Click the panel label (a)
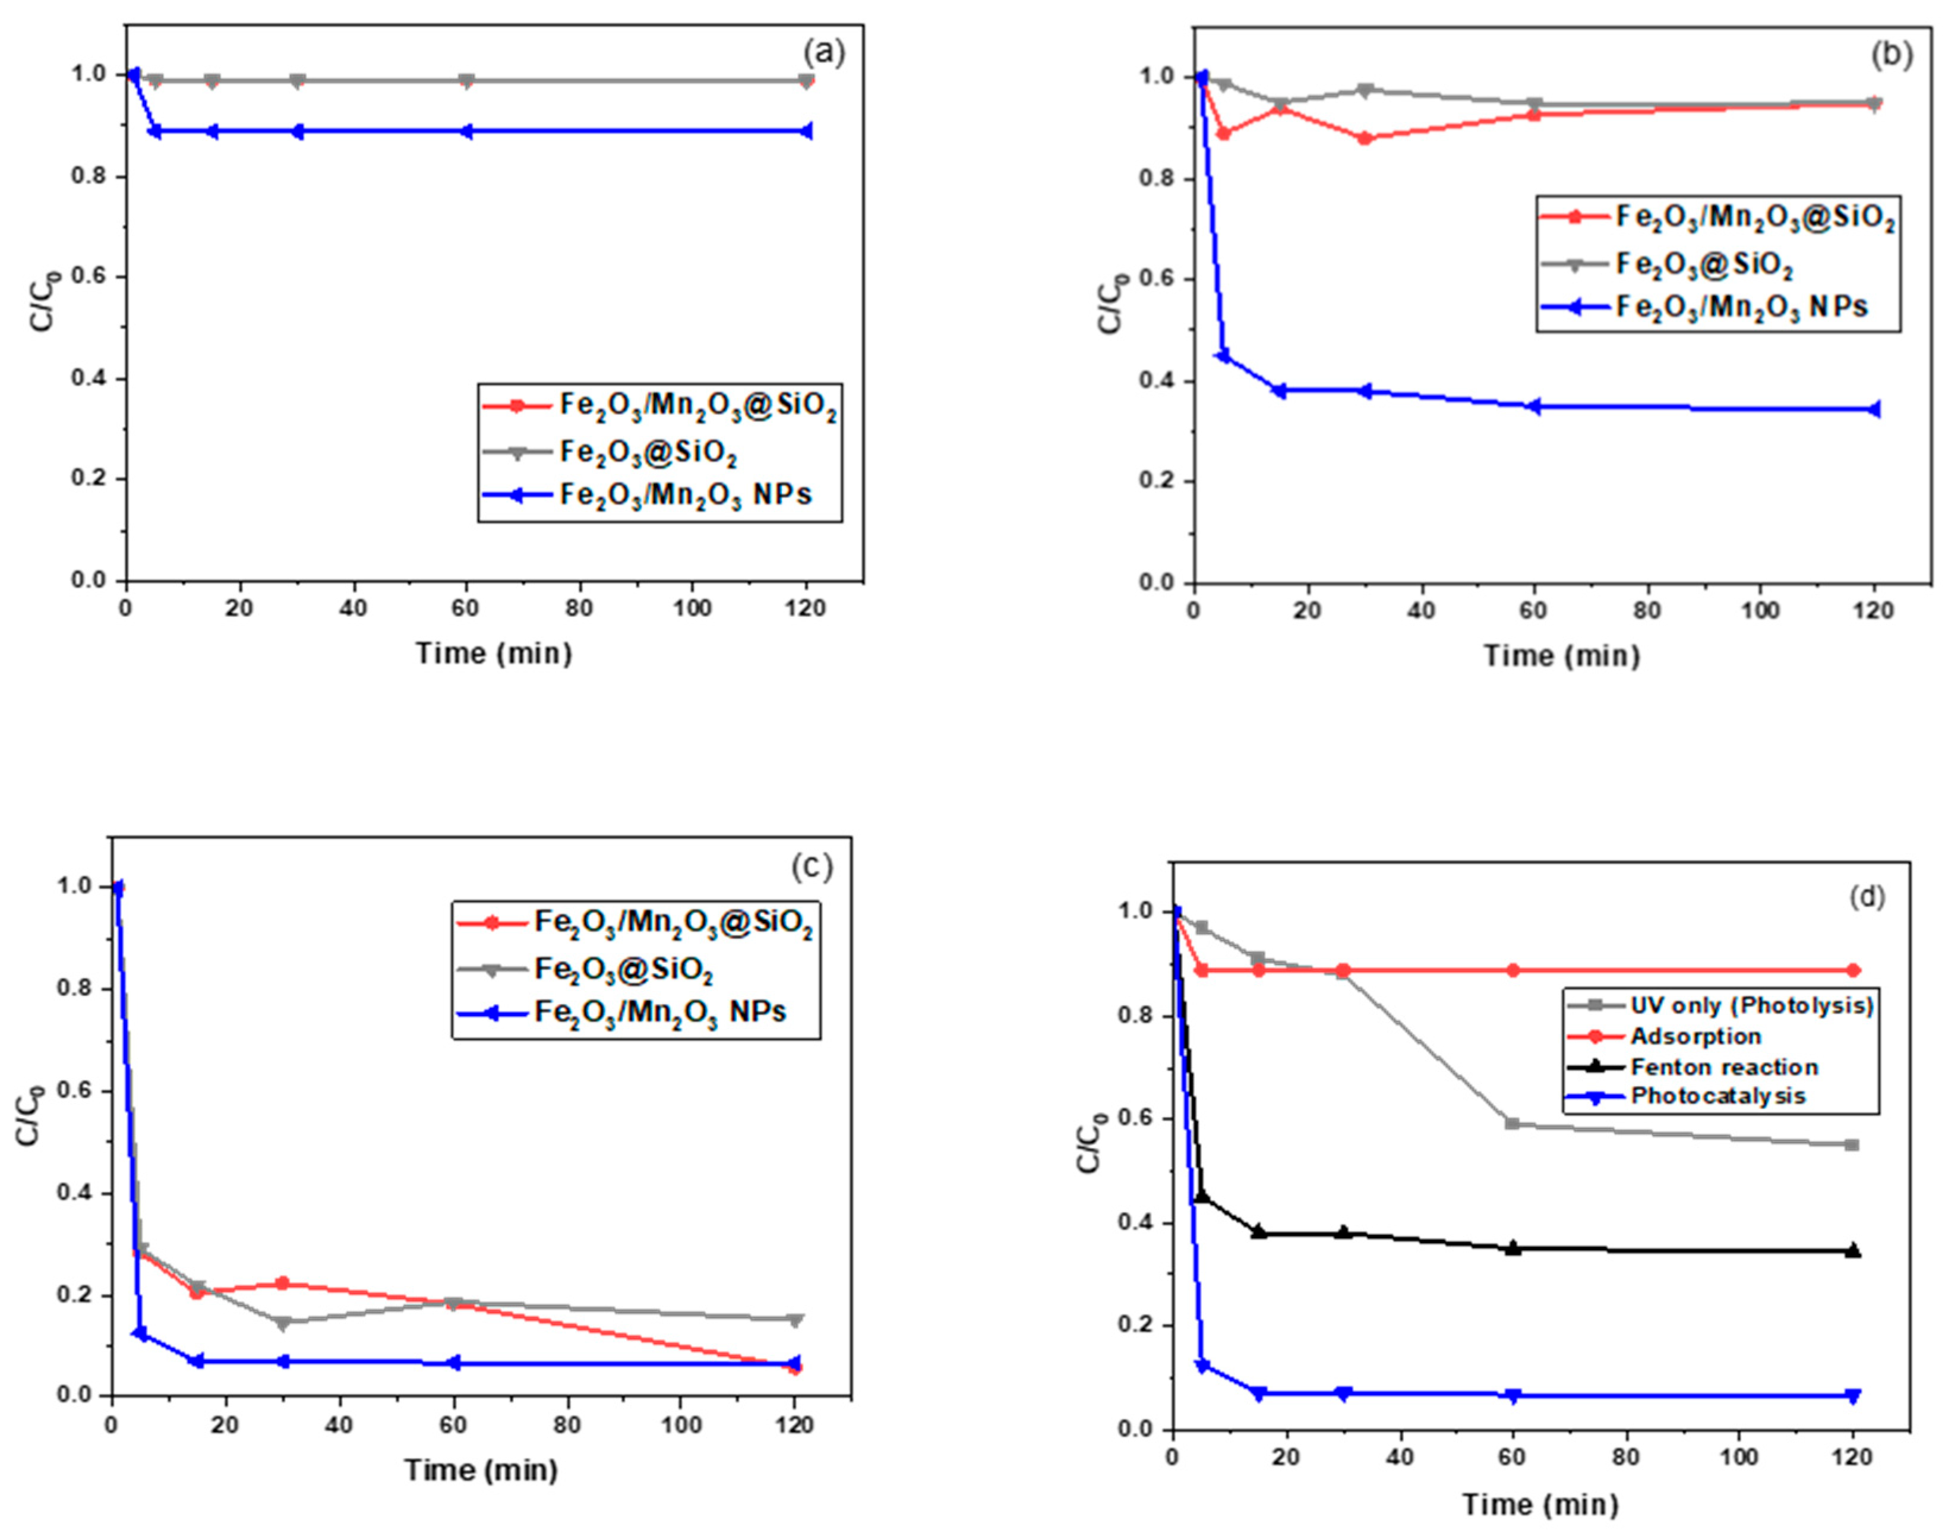tap(823, 52)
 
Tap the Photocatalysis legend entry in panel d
tap(1717, 1096)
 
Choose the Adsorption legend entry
tap(1694, 1036)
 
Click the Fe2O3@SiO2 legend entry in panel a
tap(648, 452)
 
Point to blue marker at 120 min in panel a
tap(806, 131)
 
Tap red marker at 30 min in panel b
tap(1365, 138)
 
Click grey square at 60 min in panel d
tap(1513, 1124)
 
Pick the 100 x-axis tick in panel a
tap(692, 608)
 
